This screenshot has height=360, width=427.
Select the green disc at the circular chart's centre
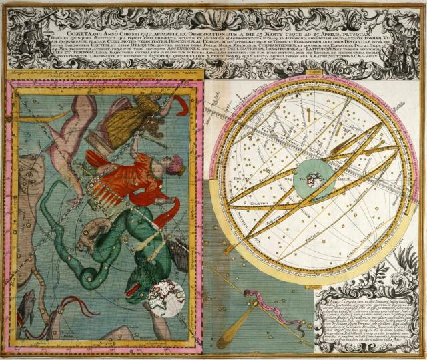click(x=310, y=177)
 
